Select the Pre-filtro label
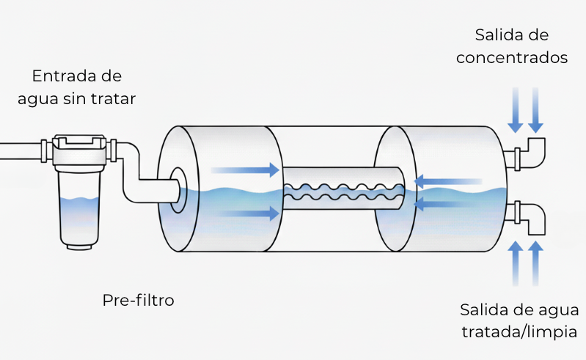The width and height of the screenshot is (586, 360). click(x=139, y=300)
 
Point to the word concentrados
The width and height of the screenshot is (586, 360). click(x=512, y=58)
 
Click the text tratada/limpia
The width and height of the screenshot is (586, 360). click(x=519, y=331)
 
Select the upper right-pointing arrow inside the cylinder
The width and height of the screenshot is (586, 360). click(x=245, y=170)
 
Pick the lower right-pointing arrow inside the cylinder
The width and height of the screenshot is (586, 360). click(x=245, y=214)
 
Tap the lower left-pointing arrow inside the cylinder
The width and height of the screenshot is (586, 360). click(x=447, y=205)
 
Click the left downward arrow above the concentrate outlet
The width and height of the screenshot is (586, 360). click(x=516, y=109)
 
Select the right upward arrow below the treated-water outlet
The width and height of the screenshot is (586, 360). click(x=536, y=262)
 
